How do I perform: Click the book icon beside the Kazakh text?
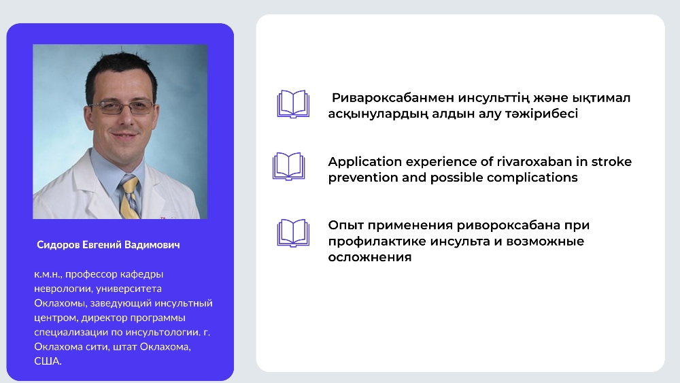coord(293,104)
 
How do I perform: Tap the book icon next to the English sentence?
coord(289,166)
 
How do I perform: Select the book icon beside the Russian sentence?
coord(293,233)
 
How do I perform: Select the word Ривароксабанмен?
coord(393,98)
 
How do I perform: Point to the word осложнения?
coord(369,257)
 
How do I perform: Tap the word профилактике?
coord(377,242)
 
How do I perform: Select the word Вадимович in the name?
coord(152,245)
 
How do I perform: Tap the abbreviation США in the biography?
coord(48,361)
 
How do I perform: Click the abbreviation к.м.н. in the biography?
coord(48,275)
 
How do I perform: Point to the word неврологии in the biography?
coord(63,289)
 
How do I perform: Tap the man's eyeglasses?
coord(122,106)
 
